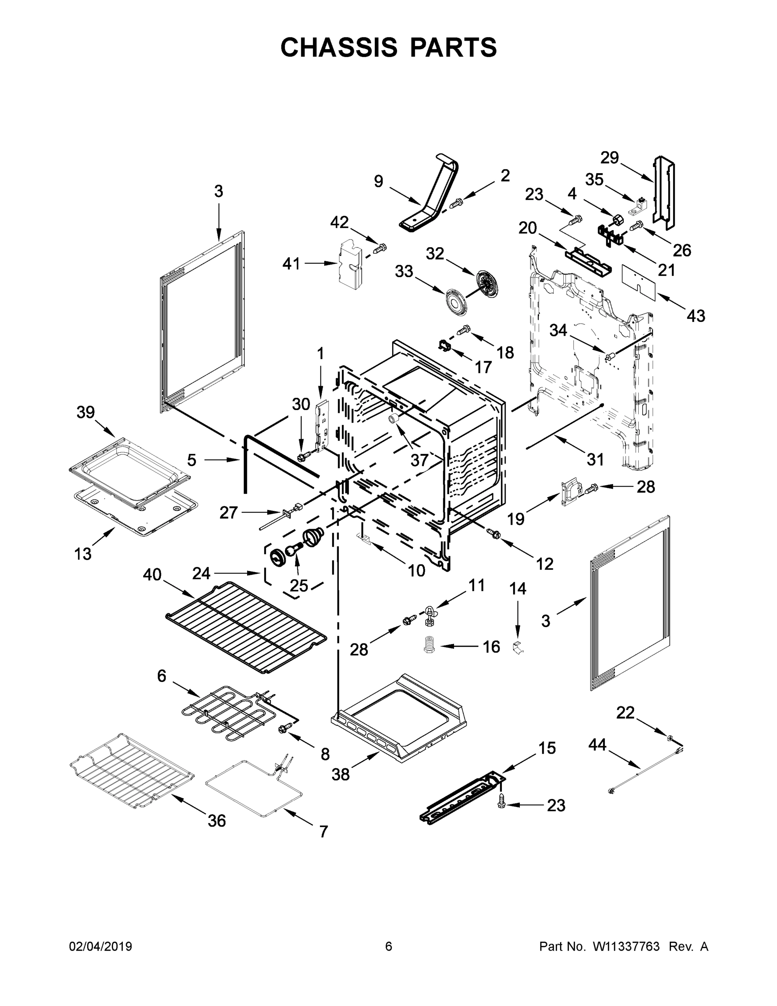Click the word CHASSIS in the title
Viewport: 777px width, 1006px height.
[x=339, y=47]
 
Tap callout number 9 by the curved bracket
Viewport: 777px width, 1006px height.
[x=378, y=181]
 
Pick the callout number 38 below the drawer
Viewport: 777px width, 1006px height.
[x=341, y=775]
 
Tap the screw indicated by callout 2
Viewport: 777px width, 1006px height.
[x=456, y=202]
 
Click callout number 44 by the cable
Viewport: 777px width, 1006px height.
[x=597, y=745]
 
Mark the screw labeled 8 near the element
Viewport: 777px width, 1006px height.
[x=284, y=728]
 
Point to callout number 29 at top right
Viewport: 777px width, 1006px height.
[x=609, y=158]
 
